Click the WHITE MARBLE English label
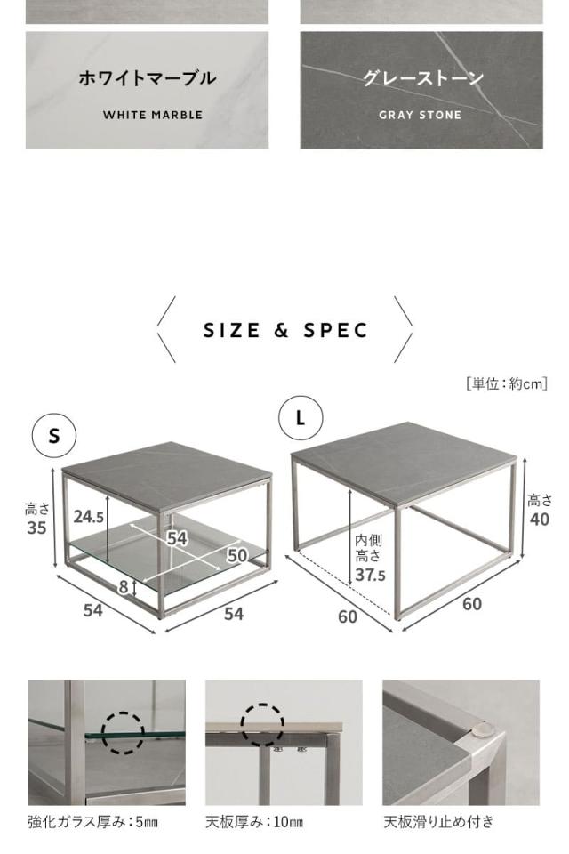tap(152, 115)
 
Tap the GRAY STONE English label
tap(420, 115)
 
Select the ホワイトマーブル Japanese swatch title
tap(147, 78)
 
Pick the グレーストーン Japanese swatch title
tap(422, 78)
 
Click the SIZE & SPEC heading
tap(285, 331)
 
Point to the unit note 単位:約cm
tap(506, 383)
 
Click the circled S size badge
tap(54, 435)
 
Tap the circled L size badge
tap(301, 417)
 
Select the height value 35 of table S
tap(36, 528)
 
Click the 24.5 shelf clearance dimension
tap(89, 517)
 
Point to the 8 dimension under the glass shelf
tap(124, 586)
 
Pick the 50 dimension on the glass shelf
tap(236, 555)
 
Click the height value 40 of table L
tap(539, 520)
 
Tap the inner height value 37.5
tap(370, 576)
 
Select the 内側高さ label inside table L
tap(369, 548)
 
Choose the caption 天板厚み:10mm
tap(254, 822)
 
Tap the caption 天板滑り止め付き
tap(437, 822)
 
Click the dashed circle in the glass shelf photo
tap(123, 732)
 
